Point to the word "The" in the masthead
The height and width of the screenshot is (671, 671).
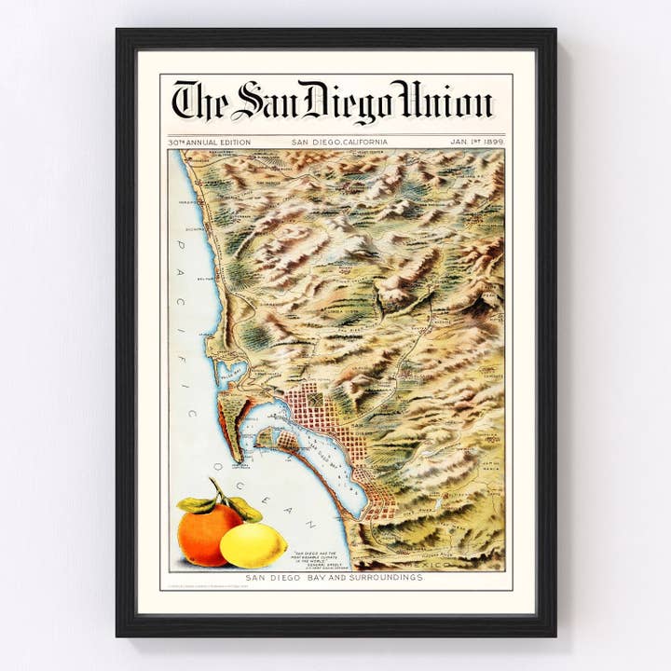click(x=199, y=102)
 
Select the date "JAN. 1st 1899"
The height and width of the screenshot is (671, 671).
click(x=476, y=142)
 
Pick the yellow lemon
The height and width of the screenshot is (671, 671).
click(x=253, y=545)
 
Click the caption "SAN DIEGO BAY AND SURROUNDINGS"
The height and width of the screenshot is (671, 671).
click(x=335, y=578)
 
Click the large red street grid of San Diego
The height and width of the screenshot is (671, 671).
click(x=318, y=410)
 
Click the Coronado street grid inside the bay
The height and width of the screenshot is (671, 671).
click(x=280, y=438)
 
